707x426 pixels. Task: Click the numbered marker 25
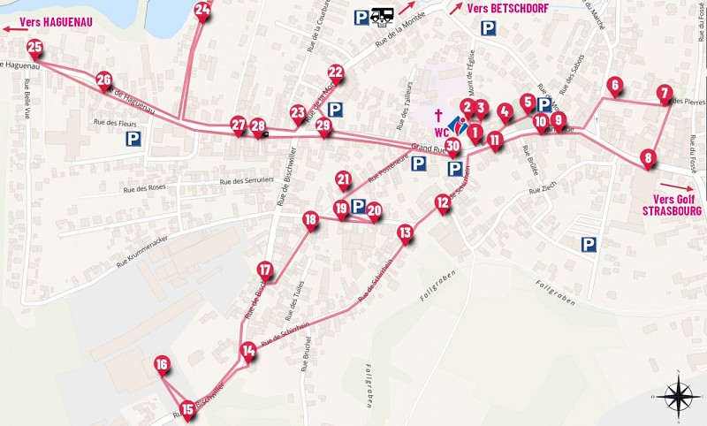34,48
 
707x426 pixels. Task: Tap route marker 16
161,364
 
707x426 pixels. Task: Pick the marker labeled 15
187,408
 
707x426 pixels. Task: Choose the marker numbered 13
405,233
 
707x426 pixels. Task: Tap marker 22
336,72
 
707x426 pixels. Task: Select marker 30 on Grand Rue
453,146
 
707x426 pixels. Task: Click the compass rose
677,394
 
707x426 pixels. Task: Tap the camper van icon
383,15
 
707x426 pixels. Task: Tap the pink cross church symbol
438,116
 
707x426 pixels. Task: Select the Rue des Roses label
145,188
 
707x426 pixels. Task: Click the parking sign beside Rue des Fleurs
133,139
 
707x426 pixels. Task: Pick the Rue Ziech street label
544,190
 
